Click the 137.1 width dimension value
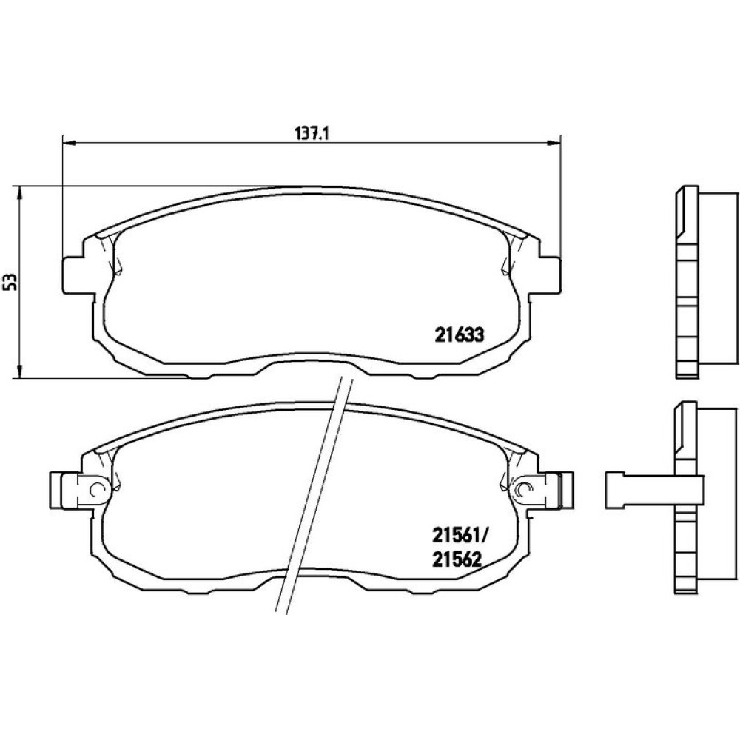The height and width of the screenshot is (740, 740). pyautogui.click(x=312, y=133)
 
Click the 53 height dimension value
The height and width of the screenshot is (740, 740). pyautogui.click(x=13, y=282)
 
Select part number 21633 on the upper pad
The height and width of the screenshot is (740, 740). pyautogui.click(x=460, y=335)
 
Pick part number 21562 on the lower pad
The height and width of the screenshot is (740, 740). pyautogui.click(x=457, y=560)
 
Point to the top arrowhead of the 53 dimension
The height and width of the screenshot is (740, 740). pyautogui.click(x=19, y=193)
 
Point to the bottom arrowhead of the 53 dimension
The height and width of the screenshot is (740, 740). pyautogui.click(x=19, y=371)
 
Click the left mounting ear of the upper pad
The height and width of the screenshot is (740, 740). pyautogui.click(x=74, y=275)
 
